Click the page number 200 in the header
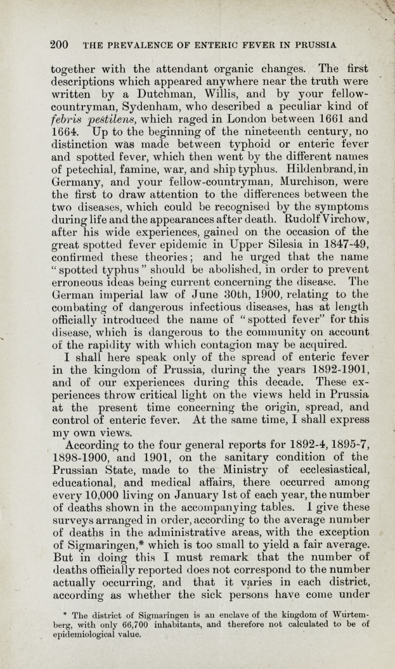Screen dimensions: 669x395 tap(60, 44)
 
